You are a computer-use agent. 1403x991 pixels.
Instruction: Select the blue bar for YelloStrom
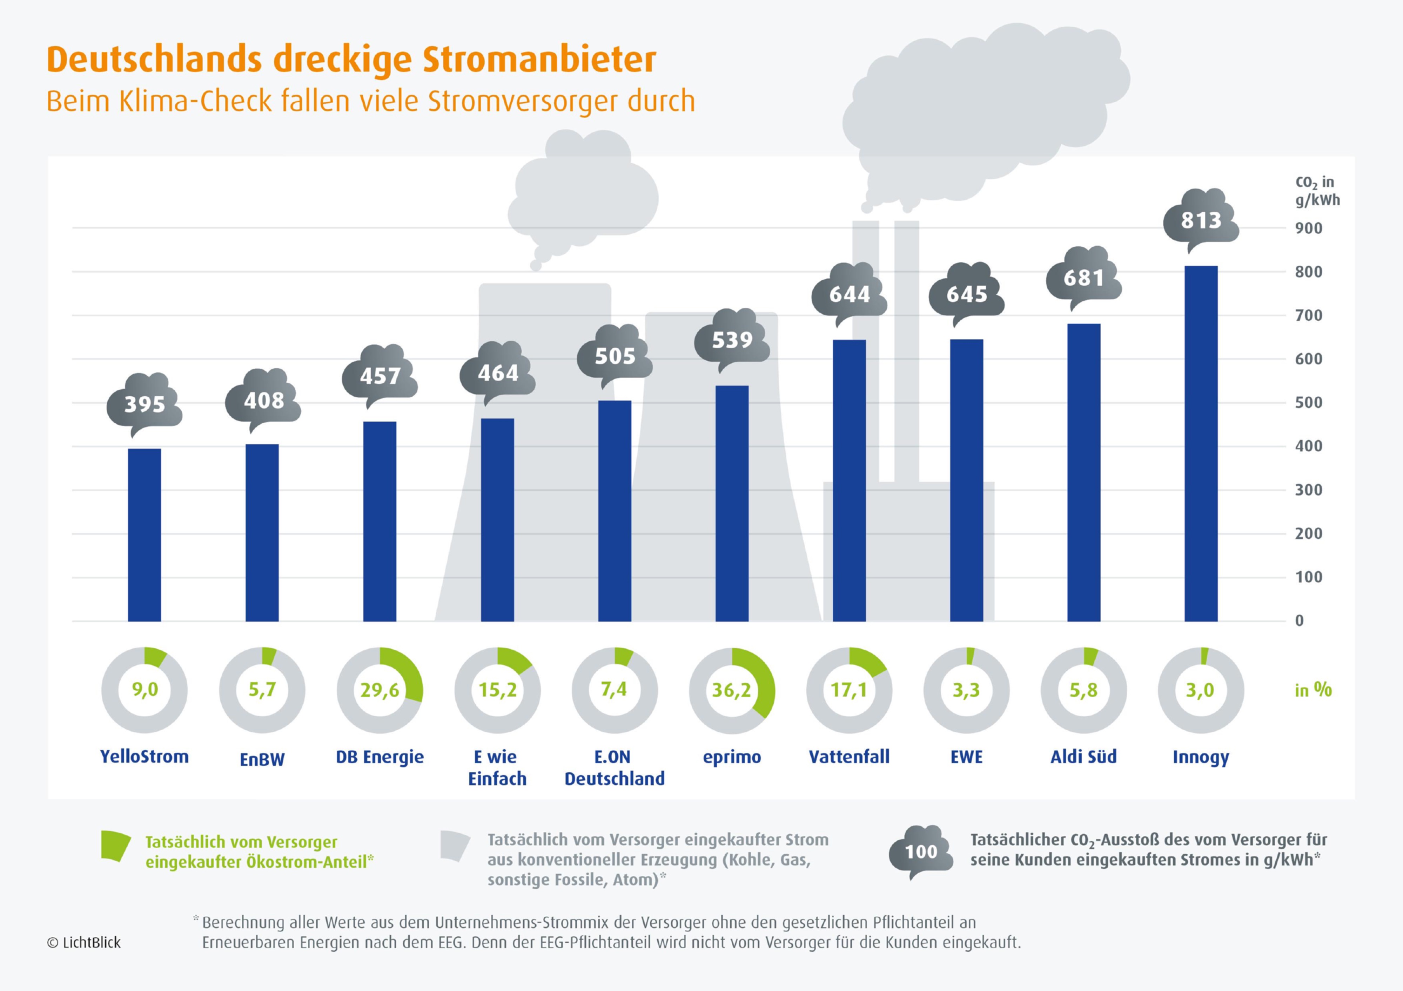(x=144, y=535)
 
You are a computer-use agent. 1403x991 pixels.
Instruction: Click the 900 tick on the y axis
(x=1308, y=228)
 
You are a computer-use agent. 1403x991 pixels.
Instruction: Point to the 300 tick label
(x=1308, y=490)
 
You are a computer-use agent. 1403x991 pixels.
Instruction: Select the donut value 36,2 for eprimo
(x=731, y=690)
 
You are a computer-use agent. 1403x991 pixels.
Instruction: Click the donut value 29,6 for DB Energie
(x=380, y=690)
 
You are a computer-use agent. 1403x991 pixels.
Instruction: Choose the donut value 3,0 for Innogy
(x=1200, y=690)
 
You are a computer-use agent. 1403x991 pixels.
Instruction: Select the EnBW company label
(x=262, y=760)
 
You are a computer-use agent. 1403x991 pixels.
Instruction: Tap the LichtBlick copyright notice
(x=84, y=943)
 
